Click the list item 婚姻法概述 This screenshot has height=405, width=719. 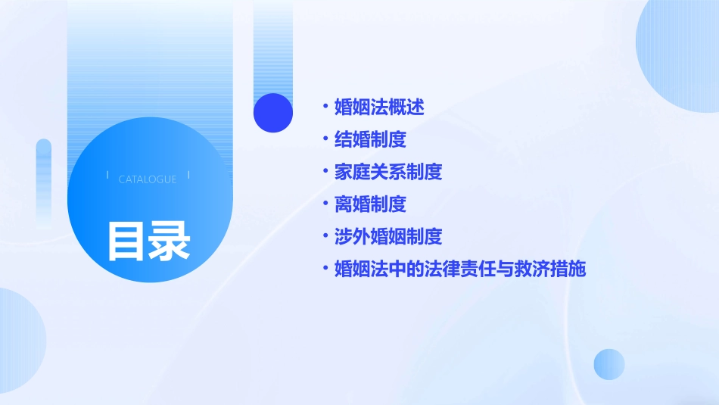click(379, 107)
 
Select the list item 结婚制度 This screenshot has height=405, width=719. click(370, 139)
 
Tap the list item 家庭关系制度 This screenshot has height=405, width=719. click(388, 172)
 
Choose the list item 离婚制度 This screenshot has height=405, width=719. click(370, 204)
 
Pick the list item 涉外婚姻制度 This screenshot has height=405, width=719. click(388, 237)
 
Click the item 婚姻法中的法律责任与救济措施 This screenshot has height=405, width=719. click(460, 269)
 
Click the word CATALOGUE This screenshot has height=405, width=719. click(148, 179)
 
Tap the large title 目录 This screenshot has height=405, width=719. click(148, 240)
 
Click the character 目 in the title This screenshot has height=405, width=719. click(126, 240)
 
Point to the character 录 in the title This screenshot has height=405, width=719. click(170, 240)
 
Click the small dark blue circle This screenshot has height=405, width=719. click(273, 113)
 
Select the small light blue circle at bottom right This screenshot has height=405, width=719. click(609, 364)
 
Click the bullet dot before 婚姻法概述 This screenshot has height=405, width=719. click(325, 107)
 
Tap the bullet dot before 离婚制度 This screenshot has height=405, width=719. click(325, 204)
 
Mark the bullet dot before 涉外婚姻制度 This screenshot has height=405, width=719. click(325, 237)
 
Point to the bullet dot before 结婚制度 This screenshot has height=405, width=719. click(325, 139)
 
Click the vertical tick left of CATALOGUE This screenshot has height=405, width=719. click(107, 175)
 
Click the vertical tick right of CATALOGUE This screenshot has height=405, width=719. click(188, 175)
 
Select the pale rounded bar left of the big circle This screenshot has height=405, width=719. click(44, 182)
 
